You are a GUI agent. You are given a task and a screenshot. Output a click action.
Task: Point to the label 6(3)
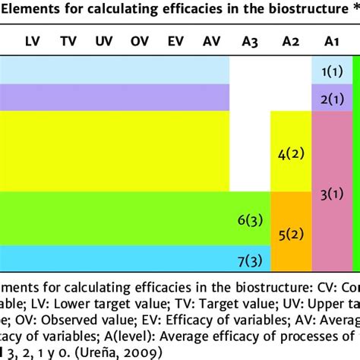click(249, 219)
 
